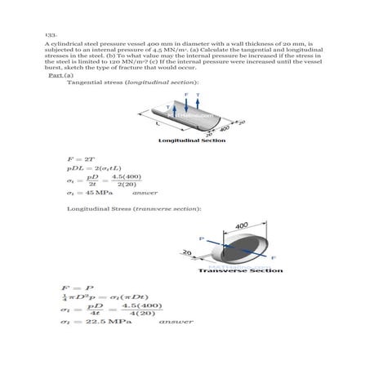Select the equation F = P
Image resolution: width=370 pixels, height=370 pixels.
coord(75,289)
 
